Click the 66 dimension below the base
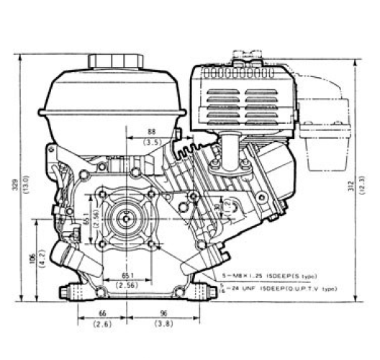pyautogui.click(x=101, y=314)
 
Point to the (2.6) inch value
pyautogui.click(x=101, y=325)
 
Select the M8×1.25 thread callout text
pyautogui.click(x=251, y=276)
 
